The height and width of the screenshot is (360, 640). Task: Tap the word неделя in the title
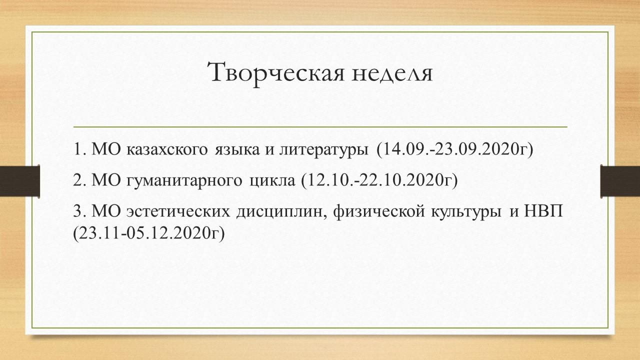coord(392,73)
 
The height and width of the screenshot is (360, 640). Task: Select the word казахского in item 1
coord(167,149)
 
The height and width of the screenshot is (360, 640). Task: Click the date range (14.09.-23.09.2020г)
coord(455,149)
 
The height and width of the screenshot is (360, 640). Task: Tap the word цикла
coord(272,181)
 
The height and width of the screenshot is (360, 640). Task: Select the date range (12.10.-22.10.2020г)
coord(379,180)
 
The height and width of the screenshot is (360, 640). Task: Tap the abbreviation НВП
coord(543,211)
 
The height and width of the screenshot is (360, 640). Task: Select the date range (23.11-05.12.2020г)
coord(149,233)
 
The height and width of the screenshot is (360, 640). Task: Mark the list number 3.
coord(78,211)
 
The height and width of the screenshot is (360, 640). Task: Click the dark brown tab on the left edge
coord(19,180)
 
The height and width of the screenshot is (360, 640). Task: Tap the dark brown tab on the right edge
coord(620,180)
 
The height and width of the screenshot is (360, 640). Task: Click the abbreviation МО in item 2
coord(106,180)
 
